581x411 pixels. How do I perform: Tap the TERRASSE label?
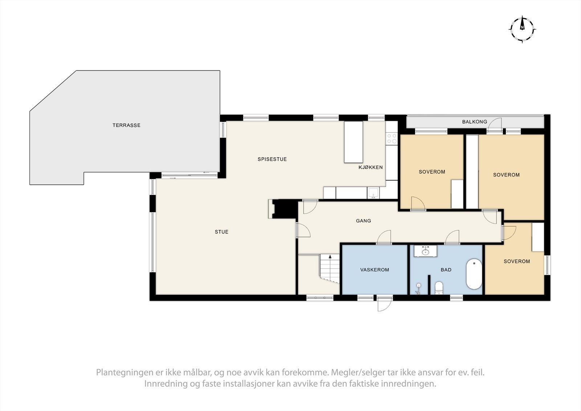click(x=126, y=125)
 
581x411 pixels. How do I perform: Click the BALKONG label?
click(x=474, y=122)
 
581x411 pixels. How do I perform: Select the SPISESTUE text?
click(x=272, y=159)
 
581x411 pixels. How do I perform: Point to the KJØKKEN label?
click(x=370, y=167)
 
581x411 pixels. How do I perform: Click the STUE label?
click(x=222, y=232)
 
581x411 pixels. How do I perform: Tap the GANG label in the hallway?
click(x=363, y=221)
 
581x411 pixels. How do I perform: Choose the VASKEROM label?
click(x=374, y=270)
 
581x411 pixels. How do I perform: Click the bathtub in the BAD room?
click(x=474, y=274)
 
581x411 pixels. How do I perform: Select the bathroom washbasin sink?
click(x=426, y=251)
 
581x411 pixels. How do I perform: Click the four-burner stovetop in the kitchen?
click(x=392, y=138)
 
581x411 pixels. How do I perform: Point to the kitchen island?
click(x=353, y=142)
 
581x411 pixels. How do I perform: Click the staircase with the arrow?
click(x=329, y=269)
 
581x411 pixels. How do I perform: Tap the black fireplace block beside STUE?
click(x=285, y=209)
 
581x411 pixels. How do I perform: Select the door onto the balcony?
click(x=495, y=125)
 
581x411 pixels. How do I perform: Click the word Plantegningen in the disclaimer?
click(x=119, y=372)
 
